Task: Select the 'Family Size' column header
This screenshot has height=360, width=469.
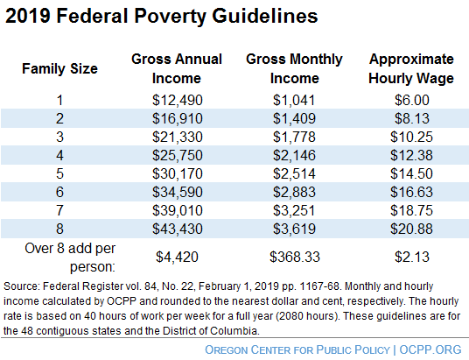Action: click(x=59, y=67)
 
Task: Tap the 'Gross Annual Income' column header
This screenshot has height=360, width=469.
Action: click(x=177, y=67)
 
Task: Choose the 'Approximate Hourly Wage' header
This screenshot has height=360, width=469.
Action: click(x=411, y=67)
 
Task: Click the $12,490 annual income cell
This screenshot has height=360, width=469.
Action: click(x=177, y=101)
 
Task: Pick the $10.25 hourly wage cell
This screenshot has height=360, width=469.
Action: click(x=411, y=138)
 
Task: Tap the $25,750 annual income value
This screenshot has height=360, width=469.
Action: click(x=177, y=156)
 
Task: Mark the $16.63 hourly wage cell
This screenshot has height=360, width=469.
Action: click(x=411, y=193)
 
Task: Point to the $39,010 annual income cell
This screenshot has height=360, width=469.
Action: click(x=177, y=211)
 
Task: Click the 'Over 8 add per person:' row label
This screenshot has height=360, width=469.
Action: click(x=59, y=255)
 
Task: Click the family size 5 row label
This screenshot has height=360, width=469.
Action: click(x=59, y=174)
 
